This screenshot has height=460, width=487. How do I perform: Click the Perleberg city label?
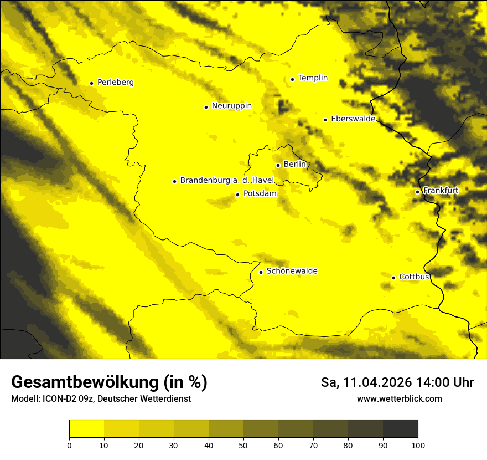click(x=115, y=83)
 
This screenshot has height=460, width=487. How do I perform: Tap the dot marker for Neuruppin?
click(x=206, y=107)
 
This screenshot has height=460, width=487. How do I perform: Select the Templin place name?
click(x=313, y=78)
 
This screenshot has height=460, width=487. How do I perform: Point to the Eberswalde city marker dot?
click(x=325, y=120)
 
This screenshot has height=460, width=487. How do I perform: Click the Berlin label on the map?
click(x=294, y=164)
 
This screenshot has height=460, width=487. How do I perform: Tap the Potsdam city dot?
click(x=237, y=195)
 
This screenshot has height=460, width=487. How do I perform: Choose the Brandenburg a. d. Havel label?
click(x=227, y=180)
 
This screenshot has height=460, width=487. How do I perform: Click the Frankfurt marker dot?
click(x=417, y=192)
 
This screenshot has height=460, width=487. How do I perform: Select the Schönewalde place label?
click(x=292, y=271)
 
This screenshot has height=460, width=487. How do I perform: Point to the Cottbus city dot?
click(x=393, y=278)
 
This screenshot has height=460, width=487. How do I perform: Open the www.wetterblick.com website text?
click(x=399, y=399)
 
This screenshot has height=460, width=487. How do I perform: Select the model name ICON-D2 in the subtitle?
click(x=60, y=399)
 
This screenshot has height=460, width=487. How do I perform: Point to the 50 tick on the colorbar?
click(x=244, y=445)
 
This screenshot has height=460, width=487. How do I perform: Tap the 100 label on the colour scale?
click(x=418, y=445)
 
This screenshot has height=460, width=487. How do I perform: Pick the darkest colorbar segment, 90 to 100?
click(x=400, y=429)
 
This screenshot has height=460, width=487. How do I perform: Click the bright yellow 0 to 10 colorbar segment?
click(x=86, y=429)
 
